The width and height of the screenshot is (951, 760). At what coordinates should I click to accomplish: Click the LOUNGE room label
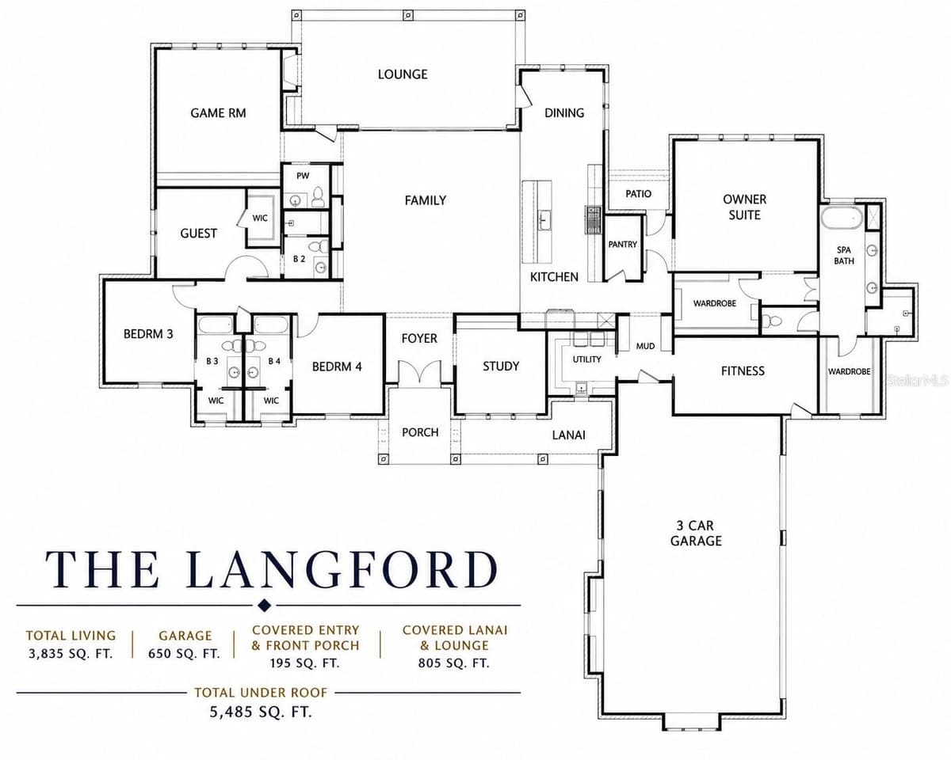click(x=403, y=74)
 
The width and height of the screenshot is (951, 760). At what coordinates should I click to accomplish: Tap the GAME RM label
click(x=218, y=113)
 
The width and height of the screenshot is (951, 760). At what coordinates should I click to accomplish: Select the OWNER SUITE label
click(x=745, y=207)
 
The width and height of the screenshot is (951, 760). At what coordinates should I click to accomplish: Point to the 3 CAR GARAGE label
click(x=696, y=533)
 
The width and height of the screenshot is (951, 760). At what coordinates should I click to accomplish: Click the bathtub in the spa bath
click(x=842, y=218)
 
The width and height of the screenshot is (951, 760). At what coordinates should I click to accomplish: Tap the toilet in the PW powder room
click(x=317, y=197)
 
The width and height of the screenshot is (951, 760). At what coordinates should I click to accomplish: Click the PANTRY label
click(x=623, y=244)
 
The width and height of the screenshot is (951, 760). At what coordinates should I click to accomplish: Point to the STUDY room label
click(x=501, y=366)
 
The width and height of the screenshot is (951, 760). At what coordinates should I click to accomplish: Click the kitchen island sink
click(x=544, y=220)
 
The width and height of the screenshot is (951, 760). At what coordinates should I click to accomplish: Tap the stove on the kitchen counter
click(x=593, y=219)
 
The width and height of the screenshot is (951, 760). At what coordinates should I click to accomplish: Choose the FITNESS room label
click(x=743, y=370)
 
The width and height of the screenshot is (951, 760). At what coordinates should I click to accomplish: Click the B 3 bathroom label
click(x=212, y=361)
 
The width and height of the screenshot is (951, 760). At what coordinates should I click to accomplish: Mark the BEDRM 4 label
click(x=337, y=367)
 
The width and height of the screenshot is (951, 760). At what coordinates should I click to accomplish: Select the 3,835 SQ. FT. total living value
click(x=71, y=654)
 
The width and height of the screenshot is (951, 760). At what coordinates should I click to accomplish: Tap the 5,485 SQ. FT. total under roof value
click(x=261, y=712)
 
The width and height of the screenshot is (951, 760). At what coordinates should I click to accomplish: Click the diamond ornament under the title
click(x=264, y=605)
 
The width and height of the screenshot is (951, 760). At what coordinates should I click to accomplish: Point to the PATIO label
click(x=638, y=193)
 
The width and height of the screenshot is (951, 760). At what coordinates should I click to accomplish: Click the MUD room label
click(x=645, y=346)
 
